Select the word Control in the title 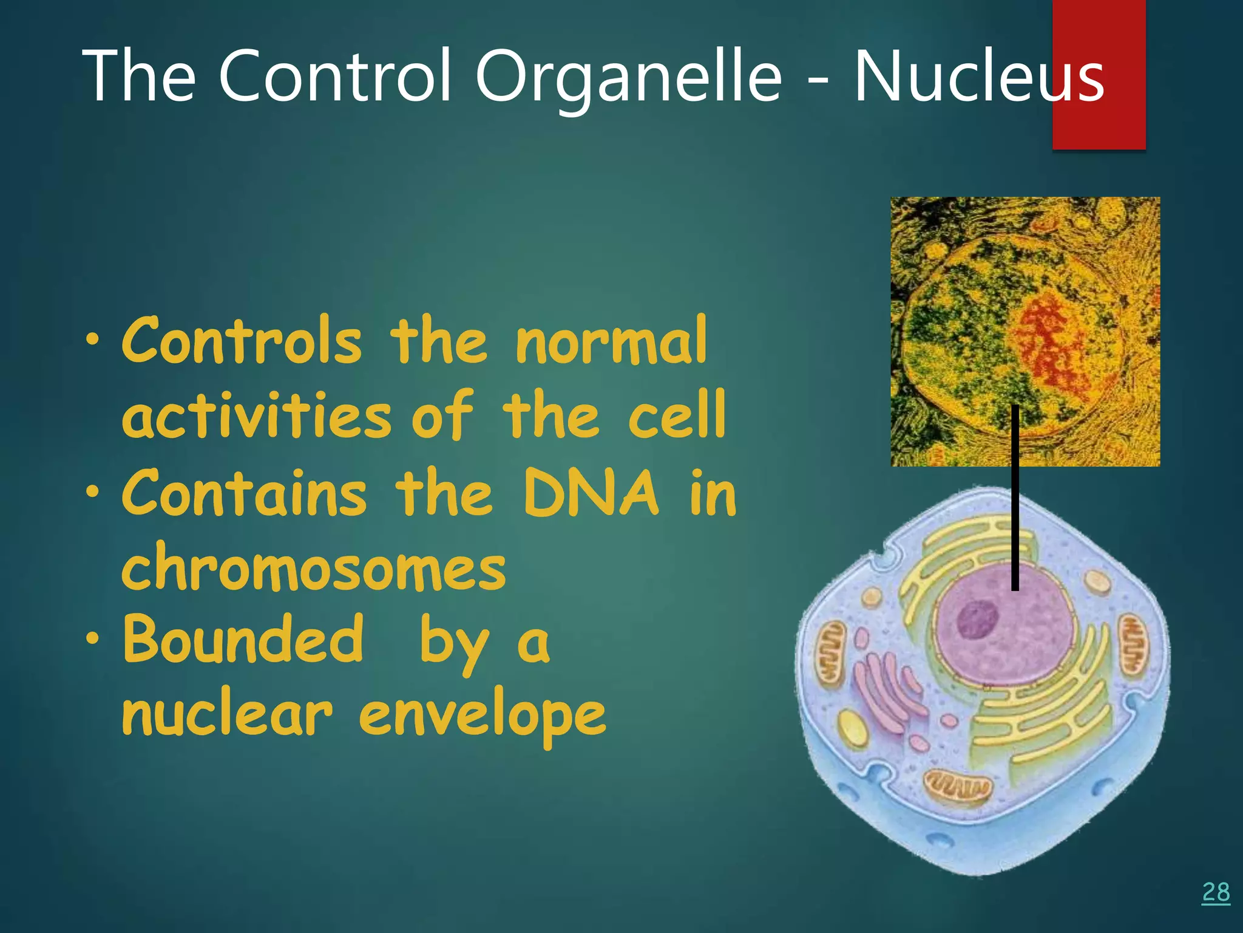click(335, 77)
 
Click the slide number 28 click(1216, 892)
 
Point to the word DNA click(591, 493)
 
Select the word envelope click(482, 716)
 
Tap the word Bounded click(243, 639)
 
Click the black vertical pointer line click(1015, 498)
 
